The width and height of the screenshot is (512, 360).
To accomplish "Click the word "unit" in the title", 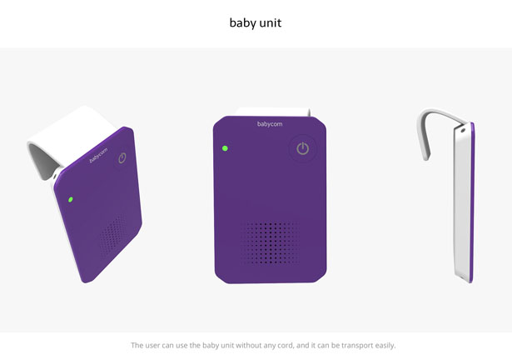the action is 271,22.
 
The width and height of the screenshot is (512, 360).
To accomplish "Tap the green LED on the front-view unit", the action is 225,148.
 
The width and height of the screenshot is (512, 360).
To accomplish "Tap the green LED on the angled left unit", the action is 70,199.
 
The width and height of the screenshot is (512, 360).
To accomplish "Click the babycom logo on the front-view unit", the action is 270,124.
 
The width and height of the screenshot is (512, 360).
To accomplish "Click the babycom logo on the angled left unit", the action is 98,155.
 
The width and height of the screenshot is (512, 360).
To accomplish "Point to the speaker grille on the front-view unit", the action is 270,242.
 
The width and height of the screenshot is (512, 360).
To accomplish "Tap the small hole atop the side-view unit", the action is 463,130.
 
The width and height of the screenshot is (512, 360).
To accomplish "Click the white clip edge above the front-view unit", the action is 273,112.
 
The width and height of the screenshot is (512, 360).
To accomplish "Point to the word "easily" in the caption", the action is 385,346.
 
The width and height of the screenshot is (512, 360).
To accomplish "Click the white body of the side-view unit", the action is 461,202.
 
